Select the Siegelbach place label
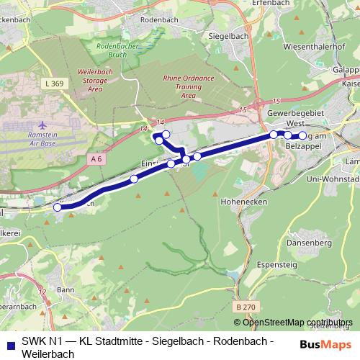(x=228, y=35)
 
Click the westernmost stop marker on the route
(x=58, y=207)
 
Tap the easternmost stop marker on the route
(x=302, y=135)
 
